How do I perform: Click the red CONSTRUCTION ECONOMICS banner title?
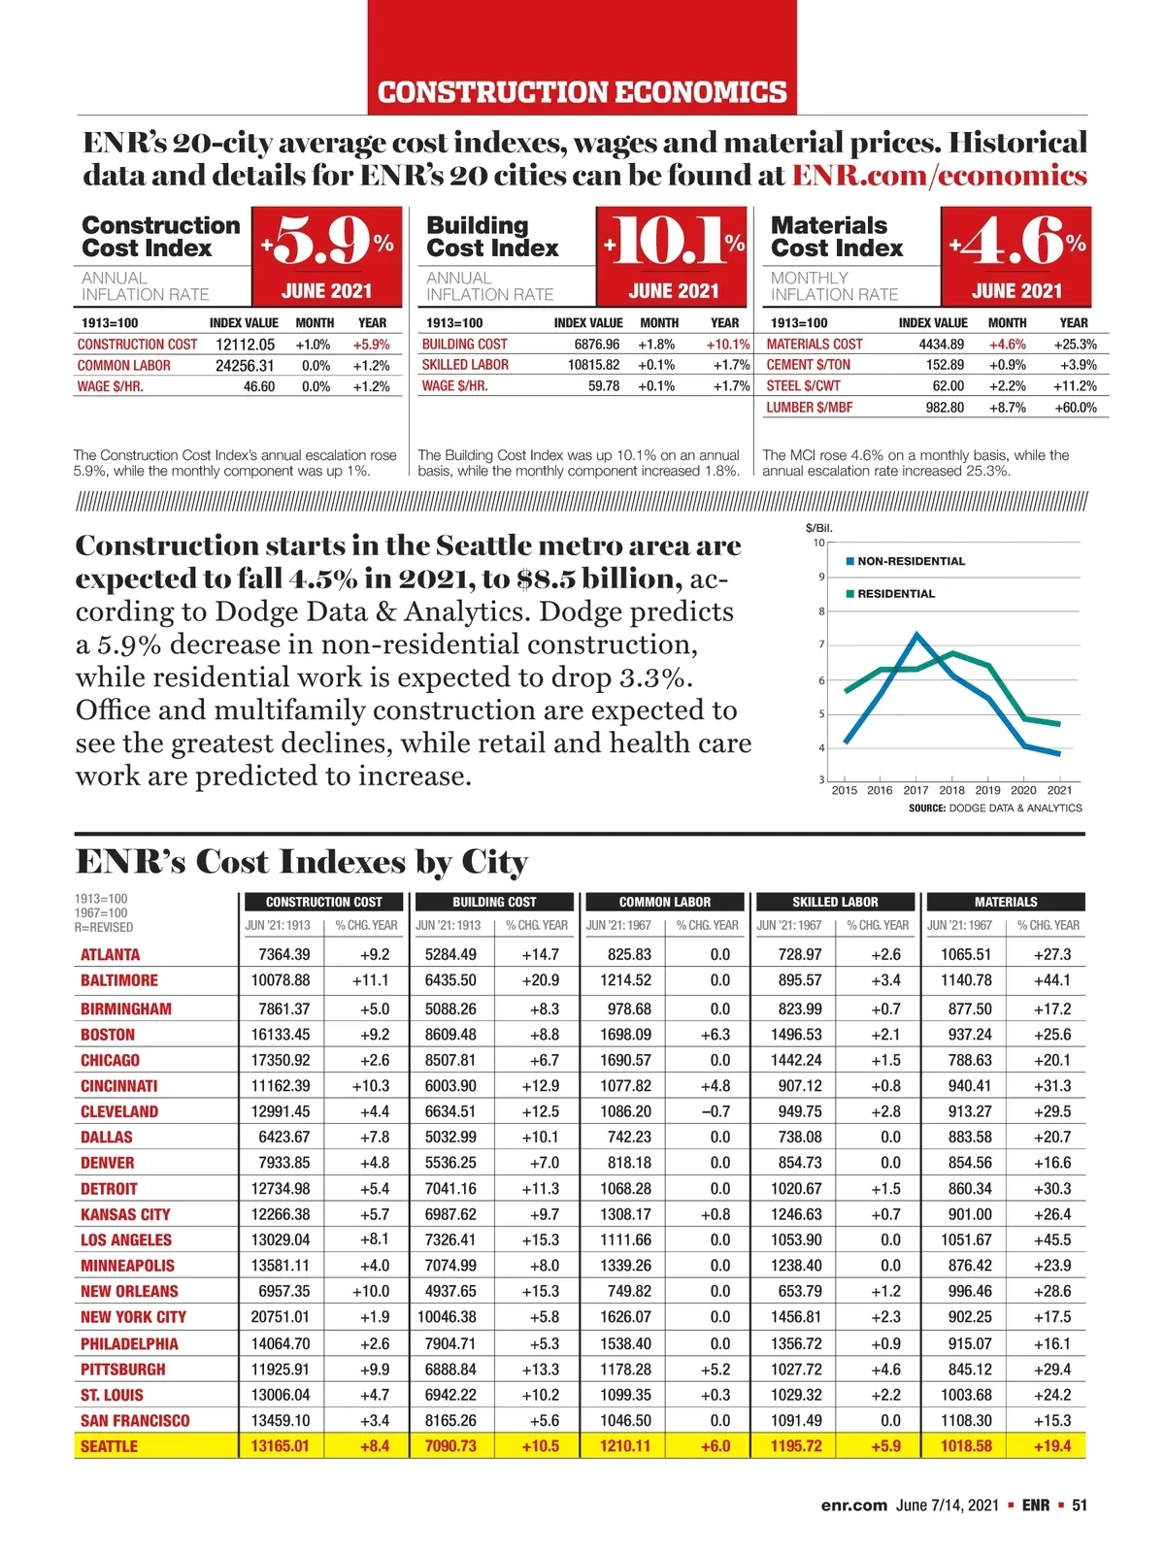(x=582, y=92)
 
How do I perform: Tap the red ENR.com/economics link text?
(x=939, y=176)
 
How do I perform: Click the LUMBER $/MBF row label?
(x=809, y=408)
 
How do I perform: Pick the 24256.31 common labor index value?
(x=245, y=366)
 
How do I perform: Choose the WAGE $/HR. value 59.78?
(x=603, y=386)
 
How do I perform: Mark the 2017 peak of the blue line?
(x=916, y=635)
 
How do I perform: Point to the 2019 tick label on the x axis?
(x=987, y=790)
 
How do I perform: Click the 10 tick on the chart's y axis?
(x=818, y=543)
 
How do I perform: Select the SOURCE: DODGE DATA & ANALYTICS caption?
(x=995, y=808)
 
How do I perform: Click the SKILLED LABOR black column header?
(x=835, y=902)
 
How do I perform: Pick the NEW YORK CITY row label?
(x=133, y=1317)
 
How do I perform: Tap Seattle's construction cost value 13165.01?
(x=280, y=1446)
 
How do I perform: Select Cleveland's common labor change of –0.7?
(x=715, y=1111)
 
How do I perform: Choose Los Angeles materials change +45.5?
(x=1052, y=1239)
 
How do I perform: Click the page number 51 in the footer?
(x=1080, y=1505)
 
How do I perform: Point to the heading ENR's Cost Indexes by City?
(x=302, y=862)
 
